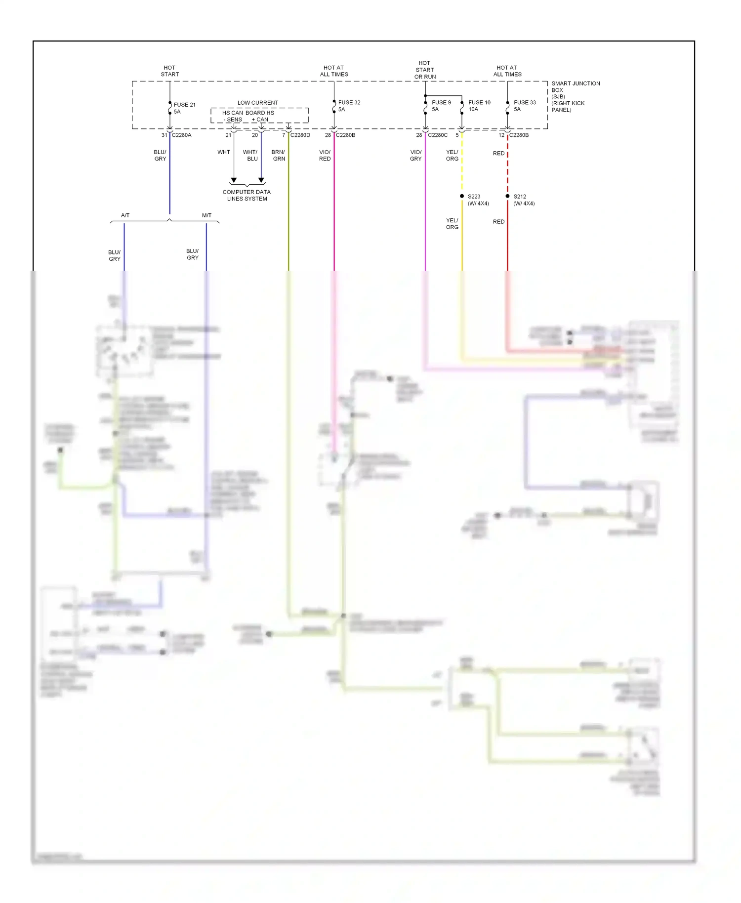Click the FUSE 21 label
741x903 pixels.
point(184,105)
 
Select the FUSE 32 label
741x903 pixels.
point(349,103)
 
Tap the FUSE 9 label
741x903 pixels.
point(441,103)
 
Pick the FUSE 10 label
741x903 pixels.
point(479,103)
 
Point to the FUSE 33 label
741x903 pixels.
point(524,103)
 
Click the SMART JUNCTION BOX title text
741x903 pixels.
point(575,84)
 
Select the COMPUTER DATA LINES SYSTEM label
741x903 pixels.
point(247,195)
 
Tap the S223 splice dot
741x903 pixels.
point(462,196)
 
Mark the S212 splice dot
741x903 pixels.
point(507,196)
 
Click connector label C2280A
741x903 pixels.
point(181,135)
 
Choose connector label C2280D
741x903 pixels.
point(300,135)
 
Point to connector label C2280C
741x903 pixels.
point(438,135)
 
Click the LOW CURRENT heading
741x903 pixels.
point(257,103)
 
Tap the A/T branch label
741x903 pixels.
point(125,215)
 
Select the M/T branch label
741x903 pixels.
point(206,215)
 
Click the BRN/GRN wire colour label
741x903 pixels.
point(279,155)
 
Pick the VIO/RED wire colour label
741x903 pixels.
point(325,155)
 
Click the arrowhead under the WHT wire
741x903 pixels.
point(234,180)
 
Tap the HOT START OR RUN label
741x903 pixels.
point(424,70)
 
